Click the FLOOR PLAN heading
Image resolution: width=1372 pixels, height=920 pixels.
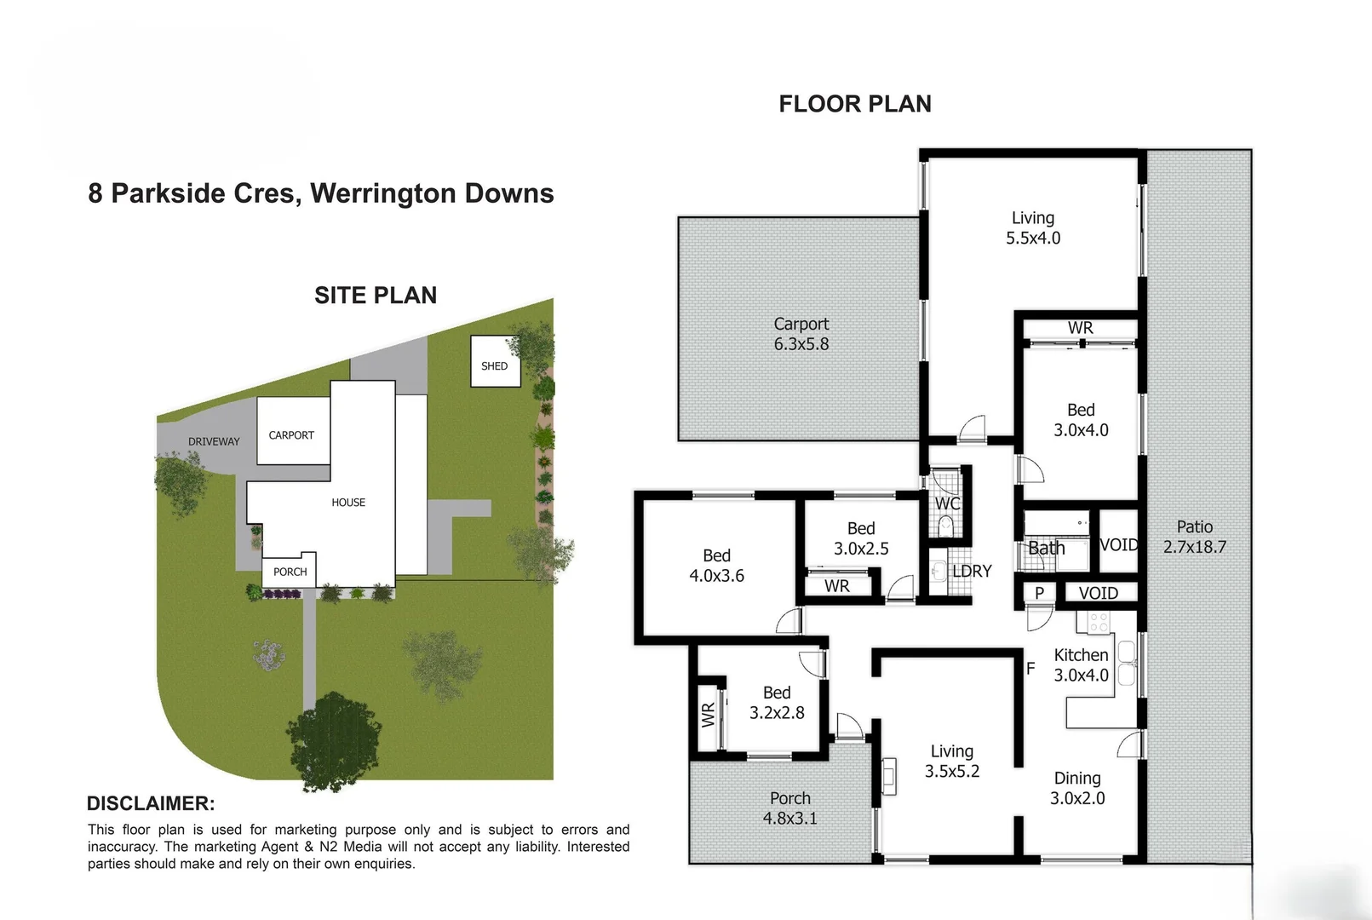(x=855, y=104)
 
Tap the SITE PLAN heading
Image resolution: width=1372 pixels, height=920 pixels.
(x=376, y=296)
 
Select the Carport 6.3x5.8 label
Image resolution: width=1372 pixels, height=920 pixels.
(x=801, y=334)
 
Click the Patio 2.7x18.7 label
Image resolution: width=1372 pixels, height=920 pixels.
(x=1194, y=537)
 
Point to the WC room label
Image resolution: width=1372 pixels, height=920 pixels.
(x=947, y=503)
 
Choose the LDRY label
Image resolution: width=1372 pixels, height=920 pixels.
(x=972, y=571)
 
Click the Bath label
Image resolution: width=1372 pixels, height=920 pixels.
(x=1046, y=548)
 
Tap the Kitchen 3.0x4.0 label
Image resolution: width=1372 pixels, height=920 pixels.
(x=1081, y=665)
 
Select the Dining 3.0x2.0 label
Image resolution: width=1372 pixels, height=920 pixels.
(x=1077, y=788)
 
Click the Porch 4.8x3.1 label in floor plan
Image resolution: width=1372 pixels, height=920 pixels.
(x=789, y=808)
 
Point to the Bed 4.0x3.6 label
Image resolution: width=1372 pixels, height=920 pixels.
(x=716, y=566)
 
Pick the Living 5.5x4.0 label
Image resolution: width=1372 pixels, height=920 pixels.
(x=1033, y=228)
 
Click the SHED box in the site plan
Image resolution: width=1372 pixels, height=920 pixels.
(x=495, y=362)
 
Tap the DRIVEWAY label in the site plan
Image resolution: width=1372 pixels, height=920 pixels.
(x=214, y=441)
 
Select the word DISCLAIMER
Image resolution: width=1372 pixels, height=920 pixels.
(x=151, y=803)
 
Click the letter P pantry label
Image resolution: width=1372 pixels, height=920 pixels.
(x=1039, y=593)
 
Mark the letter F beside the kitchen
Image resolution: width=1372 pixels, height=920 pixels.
(x=1030, y=669)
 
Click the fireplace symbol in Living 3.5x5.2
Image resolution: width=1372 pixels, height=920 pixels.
(x=889, y=776)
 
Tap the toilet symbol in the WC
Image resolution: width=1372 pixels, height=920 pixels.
(x=945, y=527)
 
